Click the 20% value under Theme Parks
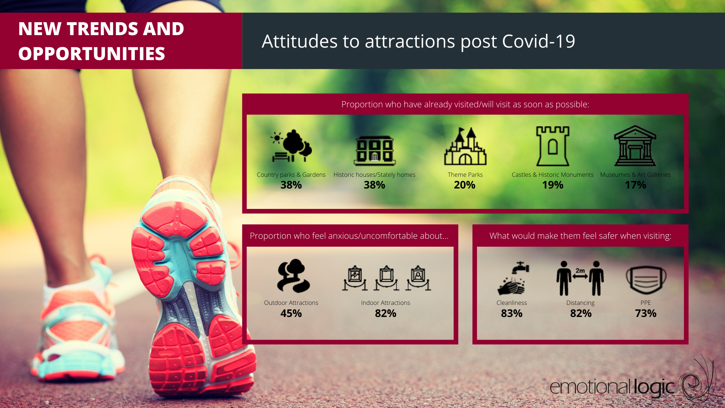tap(464, 185)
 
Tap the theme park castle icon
tap(465, 146)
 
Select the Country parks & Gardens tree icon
tap(291, 146)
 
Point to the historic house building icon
tap(375, 150)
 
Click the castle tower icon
tap(553, 146)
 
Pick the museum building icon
tap(635, 146)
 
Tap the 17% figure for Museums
tap(636, 185)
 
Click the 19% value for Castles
tap(553, 185)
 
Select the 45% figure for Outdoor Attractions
tap(291, 313)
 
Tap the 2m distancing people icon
tap(580, 278)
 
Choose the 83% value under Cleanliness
tap(512, 313)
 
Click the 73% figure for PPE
tap(646, 313)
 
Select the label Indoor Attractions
tap(386, 303)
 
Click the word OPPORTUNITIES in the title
tap(92, 54)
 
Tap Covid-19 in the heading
tap(538, 41)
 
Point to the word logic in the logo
tap(654, 387)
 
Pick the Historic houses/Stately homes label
tap(374, 175)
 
